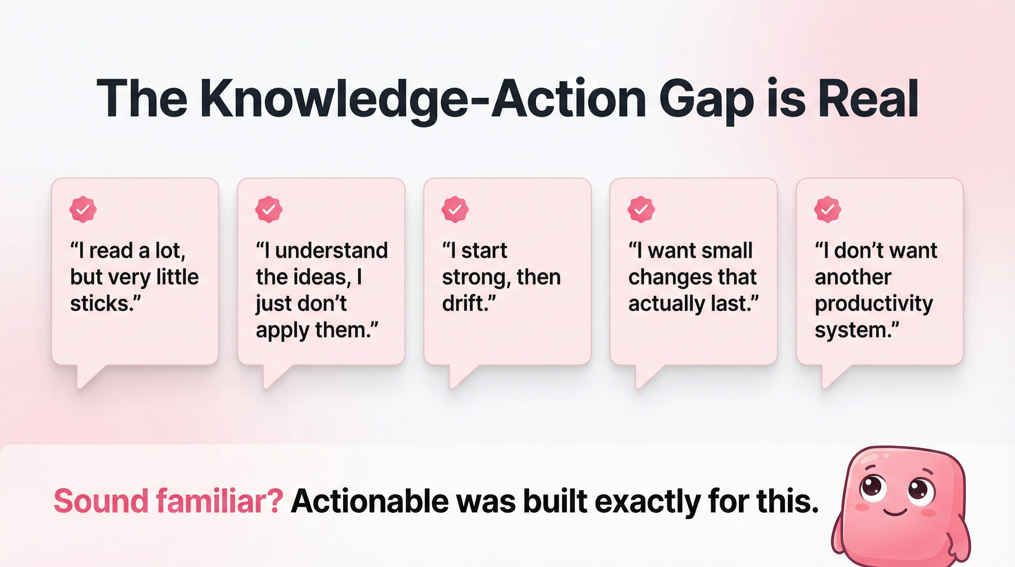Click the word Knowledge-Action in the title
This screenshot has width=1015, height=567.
(x=423, y=99)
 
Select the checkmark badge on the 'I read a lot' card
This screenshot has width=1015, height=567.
(x=83, y=209)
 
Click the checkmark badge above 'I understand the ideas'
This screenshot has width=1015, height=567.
(x=269, y=209)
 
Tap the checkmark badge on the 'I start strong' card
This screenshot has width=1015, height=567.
(x=455, y=209)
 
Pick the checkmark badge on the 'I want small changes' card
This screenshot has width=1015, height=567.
(x=641, y=209)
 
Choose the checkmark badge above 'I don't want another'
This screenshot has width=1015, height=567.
(x=827, y=209)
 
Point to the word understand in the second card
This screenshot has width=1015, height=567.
(x=331, y=251)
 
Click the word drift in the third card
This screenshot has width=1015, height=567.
(x=465, y=303)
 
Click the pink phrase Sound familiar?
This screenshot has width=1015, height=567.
(x=168, y=501)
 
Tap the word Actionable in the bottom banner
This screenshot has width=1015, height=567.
(x=369, y=501)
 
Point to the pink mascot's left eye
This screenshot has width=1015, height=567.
(x=873, y=488)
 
